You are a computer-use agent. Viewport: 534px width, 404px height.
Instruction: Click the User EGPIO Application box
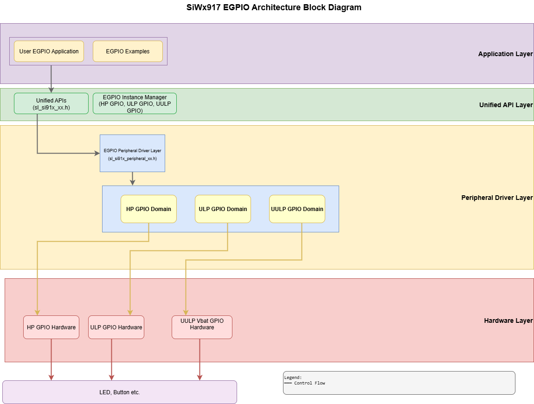pos(49,51)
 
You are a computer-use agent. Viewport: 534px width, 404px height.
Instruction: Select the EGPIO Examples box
pos(128,51)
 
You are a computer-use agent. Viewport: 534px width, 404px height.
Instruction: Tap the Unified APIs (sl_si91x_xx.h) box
pos(51,103)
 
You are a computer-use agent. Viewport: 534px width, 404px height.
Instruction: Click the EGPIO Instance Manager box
pos(135,103)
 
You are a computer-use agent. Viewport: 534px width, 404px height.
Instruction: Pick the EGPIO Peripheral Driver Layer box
pos(132,153)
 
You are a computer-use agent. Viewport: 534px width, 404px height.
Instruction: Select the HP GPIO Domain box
pos(148,209)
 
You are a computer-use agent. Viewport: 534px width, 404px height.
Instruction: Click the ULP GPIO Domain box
pos(223,209)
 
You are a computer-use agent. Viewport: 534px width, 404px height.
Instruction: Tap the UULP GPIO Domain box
pos(297,209)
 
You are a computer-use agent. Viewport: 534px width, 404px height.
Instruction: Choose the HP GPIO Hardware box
pos(51,327)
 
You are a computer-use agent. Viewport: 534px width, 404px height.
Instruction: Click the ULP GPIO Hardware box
pos(116,327)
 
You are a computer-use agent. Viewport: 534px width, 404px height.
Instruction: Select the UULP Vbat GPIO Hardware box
pos(202,327)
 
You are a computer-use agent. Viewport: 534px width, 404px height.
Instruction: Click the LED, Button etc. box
pos(120,392)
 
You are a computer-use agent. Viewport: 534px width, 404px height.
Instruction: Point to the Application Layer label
pos(505,54)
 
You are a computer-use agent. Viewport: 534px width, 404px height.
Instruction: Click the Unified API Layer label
pos(506,105)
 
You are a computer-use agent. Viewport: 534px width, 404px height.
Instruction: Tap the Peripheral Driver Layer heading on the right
pos(497,198)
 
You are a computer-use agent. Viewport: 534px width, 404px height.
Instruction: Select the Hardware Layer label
pos(508,321)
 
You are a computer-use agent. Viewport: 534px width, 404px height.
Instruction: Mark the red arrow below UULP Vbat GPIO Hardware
pos(200,359)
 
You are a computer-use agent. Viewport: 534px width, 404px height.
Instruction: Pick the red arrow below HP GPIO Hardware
pos(51,359)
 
